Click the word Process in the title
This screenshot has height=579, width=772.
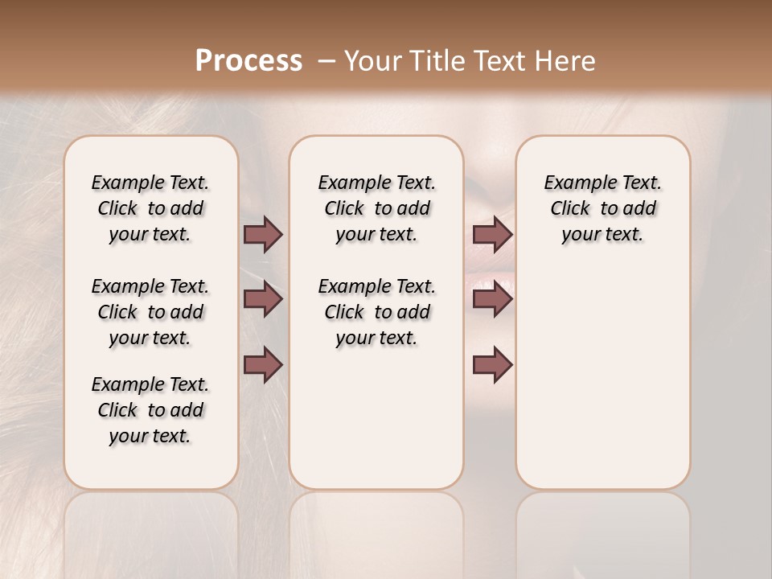(x=248, y=61)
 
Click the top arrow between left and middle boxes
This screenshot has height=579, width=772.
(x=263, y=234)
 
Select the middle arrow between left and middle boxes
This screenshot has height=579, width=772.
(x=263, y=299)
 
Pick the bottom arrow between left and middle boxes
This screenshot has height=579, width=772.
(x=263, y=364)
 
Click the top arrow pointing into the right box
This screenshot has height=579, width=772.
(x=492, y=234)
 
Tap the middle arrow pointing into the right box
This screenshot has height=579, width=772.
(x=492, y=299)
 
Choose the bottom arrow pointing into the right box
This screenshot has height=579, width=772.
(x=492, y=364)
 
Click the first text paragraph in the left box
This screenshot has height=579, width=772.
(x=150, y=208)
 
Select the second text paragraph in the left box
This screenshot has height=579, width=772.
(x=150, y=312)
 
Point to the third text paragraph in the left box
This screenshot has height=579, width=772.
(x=150, y=410)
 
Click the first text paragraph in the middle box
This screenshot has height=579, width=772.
(x=376, y=208)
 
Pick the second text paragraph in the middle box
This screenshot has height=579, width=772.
(x=376, y=312)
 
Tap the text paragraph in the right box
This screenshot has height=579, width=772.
(x=602, y=208)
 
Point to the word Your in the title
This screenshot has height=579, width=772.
(x=372, y=61)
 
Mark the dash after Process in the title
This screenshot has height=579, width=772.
(x=326, y=61)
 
